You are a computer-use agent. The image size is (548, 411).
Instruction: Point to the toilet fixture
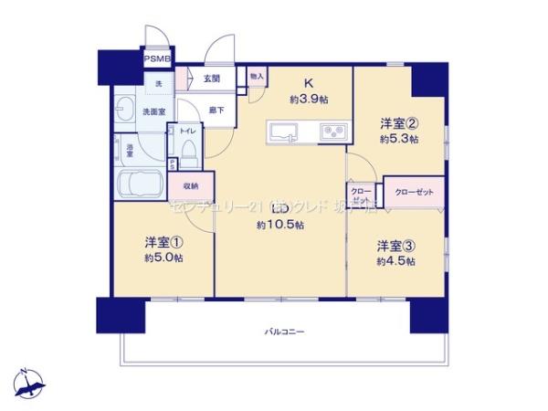click(x=188, y=153)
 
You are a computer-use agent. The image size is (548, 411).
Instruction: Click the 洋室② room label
click(x=399, y=123)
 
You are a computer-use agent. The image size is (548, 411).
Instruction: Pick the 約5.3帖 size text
click(x=399, y=139)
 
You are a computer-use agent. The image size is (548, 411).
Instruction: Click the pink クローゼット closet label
click(x=414, y=191)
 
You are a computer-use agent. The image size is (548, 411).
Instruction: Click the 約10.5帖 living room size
click(x=275, y=224)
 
